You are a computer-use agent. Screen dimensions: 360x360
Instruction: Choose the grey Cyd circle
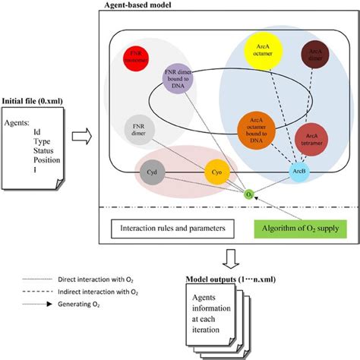click(x=151, y=173)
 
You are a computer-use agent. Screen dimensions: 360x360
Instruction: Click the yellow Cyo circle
click(x=215, y=173)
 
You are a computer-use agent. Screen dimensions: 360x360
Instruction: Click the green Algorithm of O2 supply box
click(x=299, y=228)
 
